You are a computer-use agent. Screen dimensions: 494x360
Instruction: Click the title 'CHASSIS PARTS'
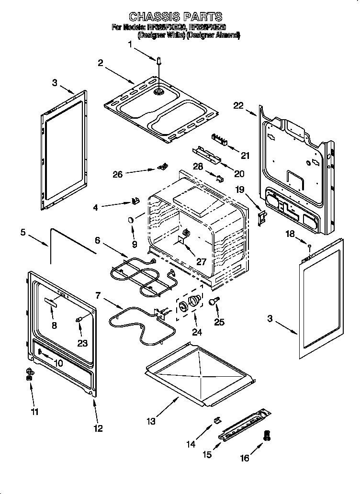(x=176, y=17)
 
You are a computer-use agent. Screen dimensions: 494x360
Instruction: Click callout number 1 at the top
(x=130, y=45)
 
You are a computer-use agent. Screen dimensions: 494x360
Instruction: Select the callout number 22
(x=238, y=106)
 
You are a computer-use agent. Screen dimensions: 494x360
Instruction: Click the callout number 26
(x=117, y=174)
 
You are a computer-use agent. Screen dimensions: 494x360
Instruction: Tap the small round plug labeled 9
(x=130, y=219)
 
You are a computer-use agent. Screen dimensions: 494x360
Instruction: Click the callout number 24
(x=197, y=331)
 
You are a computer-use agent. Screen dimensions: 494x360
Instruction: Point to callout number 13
(x=151, y=421)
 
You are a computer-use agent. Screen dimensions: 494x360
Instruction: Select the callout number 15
(x=207, y=454)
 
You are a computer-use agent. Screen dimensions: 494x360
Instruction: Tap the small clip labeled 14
(x=216, y=419)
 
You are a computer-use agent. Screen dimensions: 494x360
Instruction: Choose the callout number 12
(x=98, y=428)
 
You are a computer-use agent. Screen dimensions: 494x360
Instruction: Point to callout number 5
(x=22, y=233)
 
